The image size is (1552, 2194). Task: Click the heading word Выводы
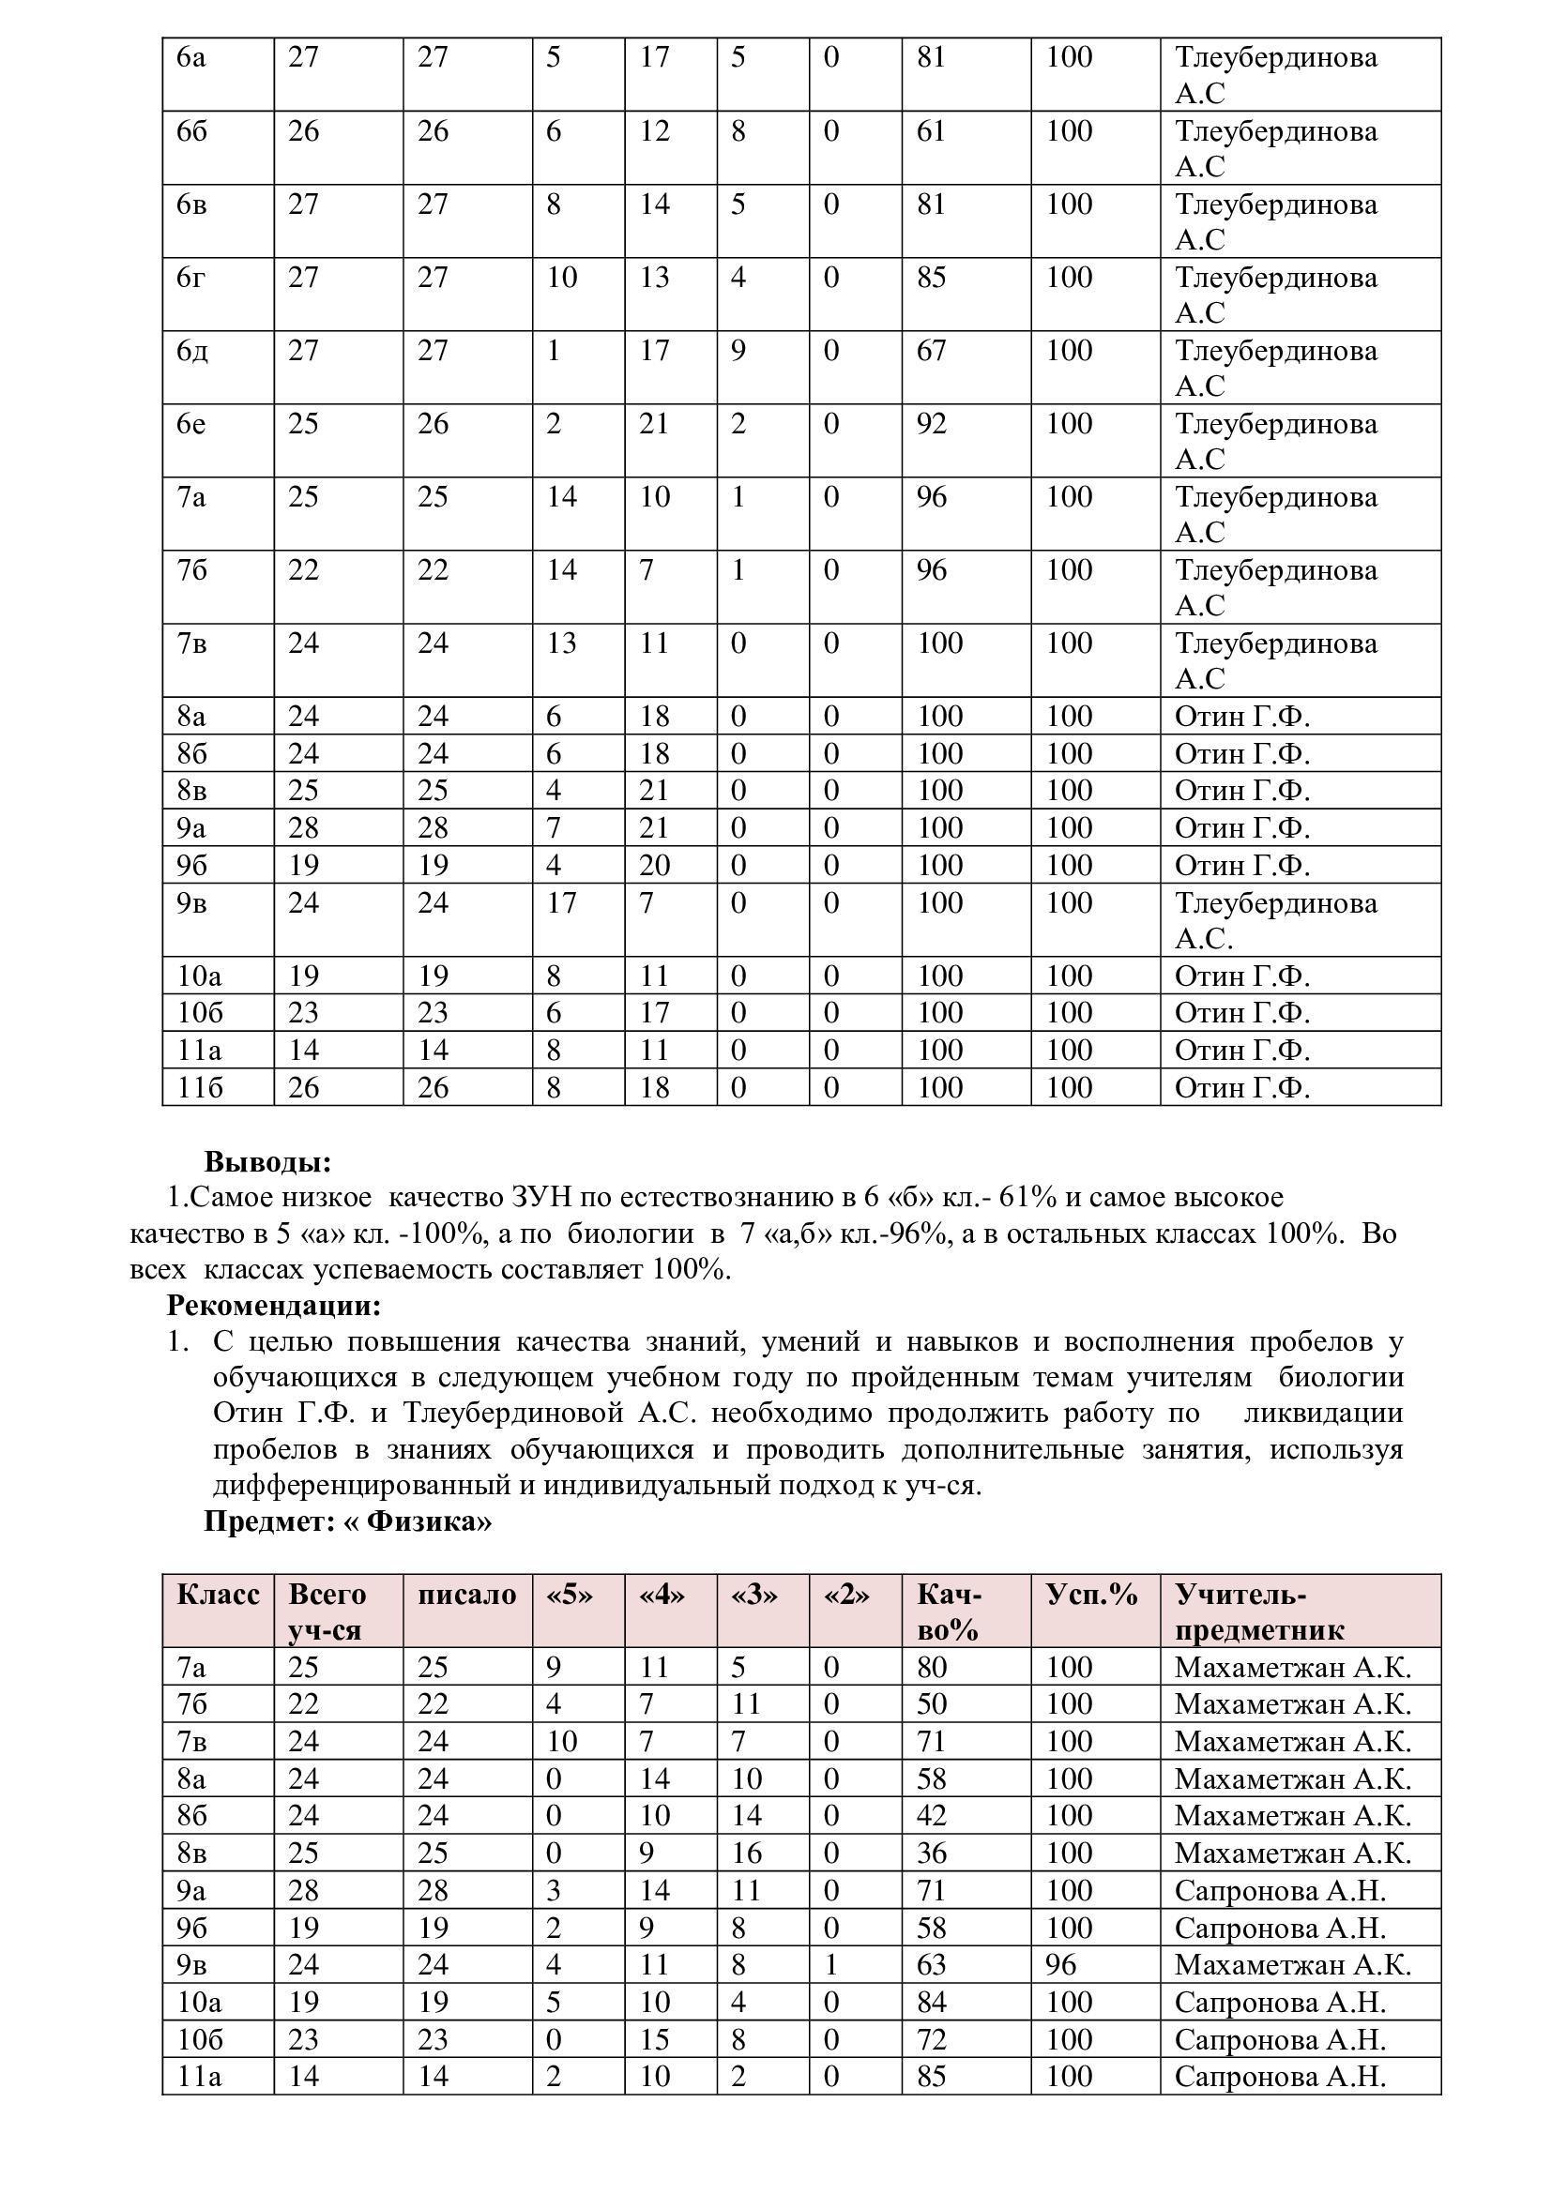267,1162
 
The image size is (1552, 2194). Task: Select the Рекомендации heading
273,1305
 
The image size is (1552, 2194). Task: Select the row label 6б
192,131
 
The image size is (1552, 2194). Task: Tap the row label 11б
200,1087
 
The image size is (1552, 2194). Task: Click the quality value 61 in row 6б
931,131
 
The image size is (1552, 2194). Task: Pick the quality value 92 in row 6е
931,423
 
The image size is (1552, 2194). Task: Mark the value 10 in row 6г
562,277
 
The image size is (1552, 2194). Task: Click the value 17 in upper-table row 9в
562,903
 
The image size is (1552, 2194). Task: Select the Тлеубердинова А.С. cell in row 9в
1276,920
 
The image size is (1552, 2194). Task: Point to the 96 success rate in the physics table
1061,1965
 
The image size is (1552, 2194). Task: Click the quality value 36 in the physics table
931,1853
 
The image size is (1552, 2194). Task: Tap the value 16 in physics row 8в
746,1853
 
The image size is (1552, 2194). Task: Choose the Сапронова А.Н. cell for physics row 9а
1280,1890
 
